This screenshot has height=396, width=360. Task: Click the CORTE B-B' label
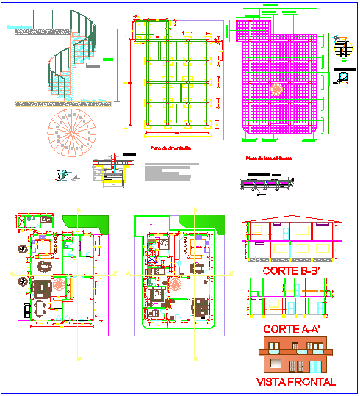pyautogui.click(x=289, y=270)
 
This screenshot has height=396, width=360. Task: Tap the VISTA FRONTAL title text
pyautogui.click(x=296, y=381)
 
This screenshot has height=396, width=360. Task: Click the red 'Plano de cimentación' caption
pyautogui.click(x=170, y=148)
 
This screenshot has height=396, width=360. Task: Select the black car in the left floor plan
pyautogui.click(x=27, y=310)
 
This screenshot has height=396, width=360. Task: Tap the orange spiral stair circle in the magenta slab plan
pyautogui.click(x=277, y=89)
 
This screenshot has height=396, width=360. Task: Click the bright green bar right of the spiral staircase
pyautogui.click(x=108, y=58)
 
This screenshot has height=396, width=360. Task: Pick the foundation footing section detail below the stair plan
pyautogui.click(x=109, y=170)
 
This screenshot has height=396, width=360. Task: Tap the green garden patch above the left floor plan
pyautogui.click(x=86, y=223)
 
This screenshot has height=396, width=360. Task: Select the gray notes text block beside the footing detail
pyautogui.click(x=164, y=173)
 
